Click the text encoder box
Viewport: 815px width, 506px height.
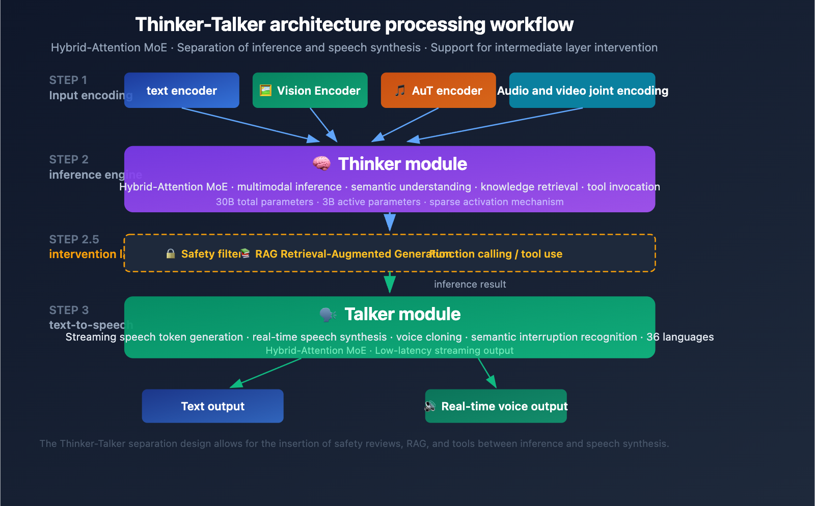(181, 91)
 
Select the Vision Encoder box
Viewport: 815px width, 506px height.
(310, 91)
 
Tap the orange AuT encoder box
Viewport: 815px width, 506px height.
(438, 91)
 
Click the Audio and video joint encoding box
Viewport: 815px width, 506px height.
(582, 91)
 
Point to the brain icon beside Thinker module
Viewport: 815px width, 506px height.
(321, 163)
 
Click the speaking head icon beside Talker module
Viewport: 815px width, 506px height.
(328, 315)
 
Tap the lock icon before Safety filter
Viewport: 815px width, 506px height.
(171, 254)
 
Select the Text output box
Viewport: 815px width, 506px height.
(212, 406)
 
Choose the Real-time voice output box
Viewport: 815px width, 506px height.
(496, 406)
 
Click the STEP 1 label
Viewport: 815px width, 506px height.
(68, 80)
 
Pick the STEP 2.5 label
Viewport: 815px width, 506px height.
(74, 239)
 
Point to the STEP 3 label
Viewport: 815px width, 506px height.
(69, 310)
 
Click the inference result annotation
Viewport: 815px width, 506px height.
(470, 285)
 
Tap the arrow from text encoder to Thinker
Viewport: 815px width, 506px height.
(250, 124)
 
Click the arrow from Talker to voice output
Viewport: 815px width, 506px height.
(486, 372)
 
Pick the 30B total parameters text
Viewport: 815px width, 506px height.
(264, 202)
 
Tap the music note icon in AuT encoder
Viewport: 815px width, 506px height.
(400, 91)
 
